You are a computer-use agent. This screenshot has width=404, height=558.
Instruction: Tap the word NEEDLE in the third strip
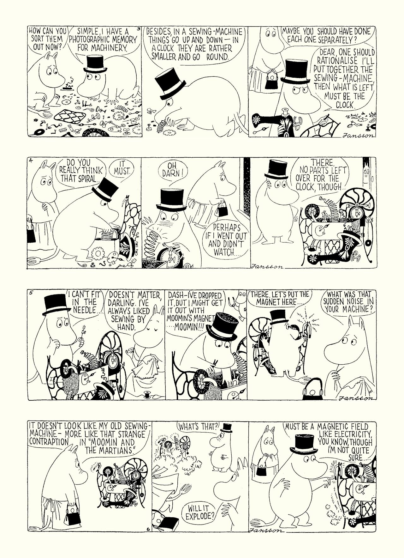[x=84, y=310]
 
